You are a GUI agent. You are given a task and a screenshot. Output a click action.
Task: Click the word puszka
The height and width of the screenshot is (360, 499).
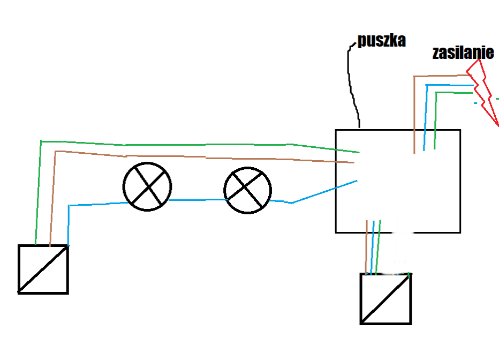[382, 41]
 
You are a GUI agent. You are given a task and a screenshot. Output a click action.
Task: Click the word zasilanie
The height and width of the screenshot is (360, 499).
[463, 52]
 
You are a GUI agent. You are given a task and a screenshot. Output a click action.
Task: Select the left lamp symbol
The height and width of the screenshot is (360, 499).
[147, 186]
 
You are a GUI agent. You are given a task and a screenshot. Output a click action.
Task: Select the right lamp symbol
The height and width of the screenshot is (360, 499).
[247, 190]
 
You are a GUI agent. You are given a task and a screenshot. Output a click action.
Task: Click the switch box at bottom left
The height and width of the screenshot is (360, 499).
[43, 269]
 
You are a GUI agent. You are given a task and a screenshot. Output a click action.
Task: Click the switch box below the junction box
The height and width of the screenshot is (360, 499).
[385, 298]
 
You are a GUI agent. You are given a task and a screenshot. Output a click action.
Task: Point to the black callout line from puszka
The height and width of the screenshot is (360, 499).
[351, 86]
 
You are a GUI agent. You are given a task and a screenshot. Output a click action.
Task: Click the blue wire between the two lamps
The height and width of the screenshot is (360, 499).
[198, 200]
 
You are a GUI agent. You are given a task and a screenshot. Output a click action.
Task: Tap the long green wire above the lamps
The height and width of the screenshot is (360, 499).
[198, 145]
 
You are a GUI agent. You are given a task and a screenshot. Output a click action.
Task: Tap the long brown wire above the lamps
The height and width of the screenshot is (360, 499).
[203, 157]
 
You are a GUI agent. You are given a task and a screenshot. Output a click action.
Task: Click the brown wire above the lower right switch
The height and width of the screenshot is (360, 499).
[366, 246]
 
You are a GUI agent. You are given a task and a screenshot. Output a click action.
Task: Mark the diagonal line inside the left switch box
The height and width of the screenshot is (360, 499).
[43, 269]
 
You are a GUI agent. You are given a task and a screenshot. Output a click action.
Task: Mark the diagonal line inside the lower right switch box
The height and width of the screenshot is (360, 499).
[385, 299]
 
